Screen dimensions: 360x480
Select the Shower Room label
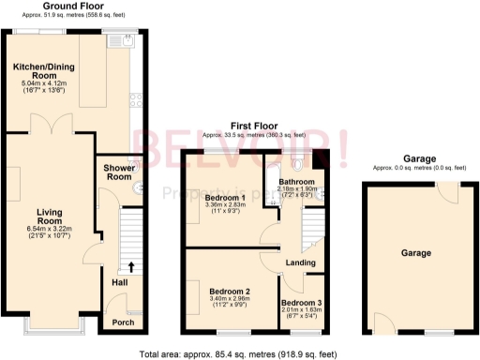(x=118, y=172)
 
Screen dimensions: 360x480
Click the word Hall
(x=120, y=282)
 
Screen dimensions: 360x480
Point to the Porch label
(x=123, y=322)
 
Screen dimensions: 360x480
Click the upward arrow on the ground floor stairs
(x=129, y=267)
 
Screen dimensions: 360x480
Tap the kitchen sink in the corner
(x=122, y=40)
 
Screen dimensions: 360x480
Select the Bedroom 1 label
(x=225, y=198)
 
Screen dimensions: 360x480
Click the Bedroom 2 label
(x=229, y=292)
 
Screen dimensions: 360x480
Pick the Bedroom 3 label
(x=301, y=303)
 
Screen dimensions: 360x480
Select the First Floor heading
(x=255, y=125)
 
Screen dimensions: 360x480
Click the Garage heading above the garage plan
(x=417, y=159)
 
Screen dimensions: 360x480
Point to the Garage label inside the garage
(x=416, y=253)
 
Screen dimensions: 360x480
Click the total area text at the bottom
(x=240, y=352)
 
